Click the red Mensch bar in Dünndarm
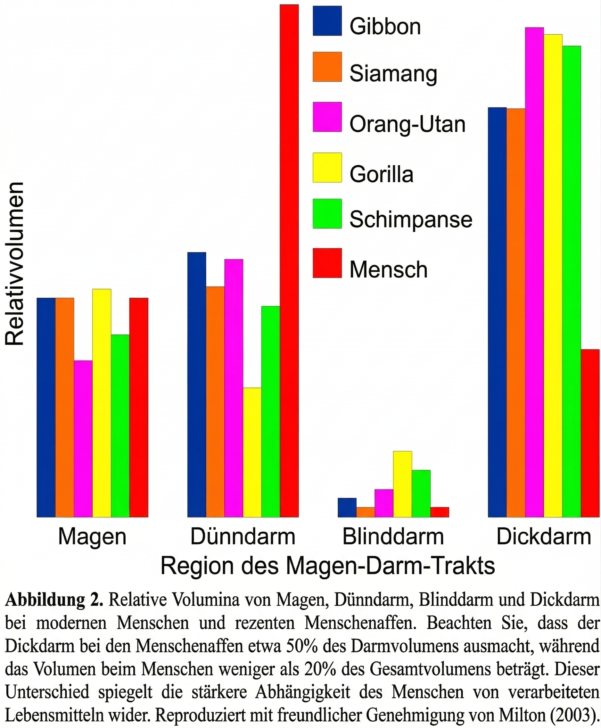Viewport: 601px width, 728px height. tap(289, 260)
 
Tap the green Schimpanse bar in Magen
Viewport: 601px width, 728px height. tap(120, 426)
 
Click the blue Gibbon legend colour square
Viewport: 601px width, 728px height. tap(327, 21)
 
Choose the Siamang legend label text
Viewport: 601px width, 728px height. tap(393, 74)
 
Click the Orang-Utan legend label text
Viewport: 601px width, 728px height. tap(407, 124)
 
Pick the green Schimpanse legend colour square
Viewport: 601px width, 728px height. tap(327, 214)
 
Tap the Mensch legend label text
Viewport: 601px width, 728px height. tap(388, 270)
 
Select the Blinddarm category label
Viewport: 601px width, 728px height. tap(393, 537)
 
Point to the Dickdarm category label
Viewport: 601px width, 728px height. tap(544, 537)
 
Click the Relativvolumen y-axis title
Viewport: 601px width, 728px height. tap(14, 264)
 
